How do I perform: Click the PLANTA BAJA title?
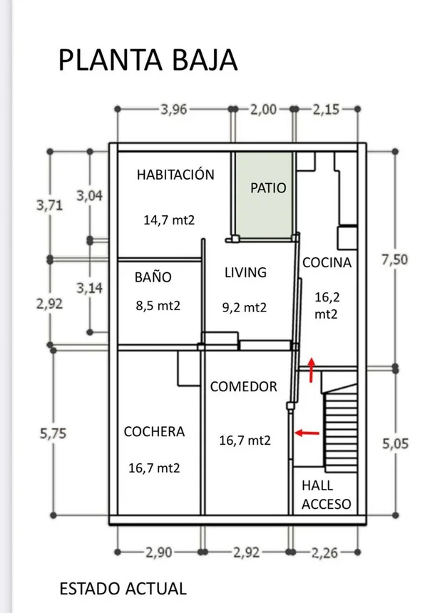click(148, 60)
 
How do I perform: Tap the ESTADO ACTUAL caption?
click(123, 589)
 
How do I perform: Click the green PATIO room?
click(265, 195)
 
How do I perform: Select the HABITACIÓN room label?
click(175, 174)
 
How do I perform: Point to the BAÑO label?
click(153, 277)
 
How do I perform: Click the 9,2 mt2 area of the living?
click(245, 308)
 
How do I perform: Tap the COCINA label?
click(327, 263)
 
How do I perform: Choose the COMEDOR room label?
click(244, 386)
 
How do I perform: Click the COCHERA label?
click(154, 432)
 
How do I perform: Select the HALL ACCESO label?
click(326, 495)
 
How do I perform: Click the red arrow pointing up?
click(311, 370)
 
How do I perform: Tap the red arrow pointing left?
click(307, 433)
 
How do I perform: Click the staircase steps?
click(341, 429)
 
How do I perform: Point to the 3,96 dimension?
click(174, 110)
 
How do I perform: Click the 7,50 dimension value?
click(394, 259)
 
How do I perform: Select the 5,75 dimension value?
click(53, 433)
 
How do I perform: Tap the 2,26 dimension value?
click(324, 553)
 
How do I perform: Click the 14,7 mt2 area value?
click(169, 220)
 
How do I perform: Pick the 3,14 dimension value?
click(90, 288)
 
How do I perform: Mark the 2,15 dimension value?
click(326, 110)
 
